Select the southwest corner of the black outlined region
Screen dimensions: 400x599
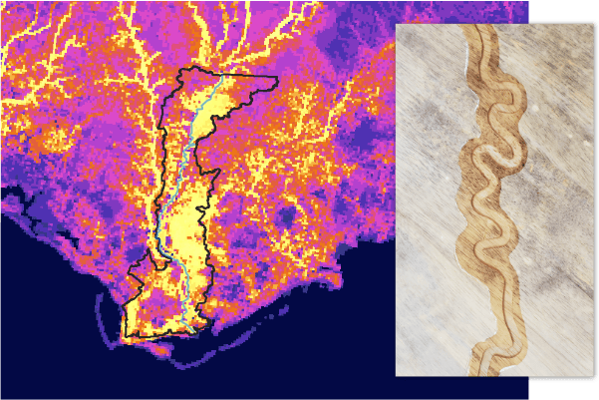124,335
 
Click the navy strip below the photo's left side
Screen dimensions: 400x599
458,388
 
